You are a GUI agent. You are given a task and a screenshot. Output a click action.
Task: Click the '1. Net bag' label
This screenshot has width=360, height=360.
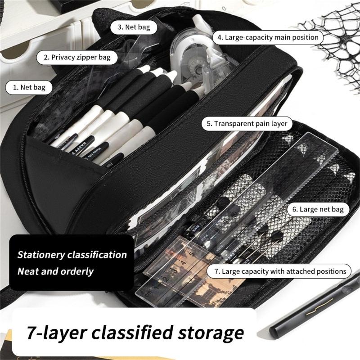(29, 87)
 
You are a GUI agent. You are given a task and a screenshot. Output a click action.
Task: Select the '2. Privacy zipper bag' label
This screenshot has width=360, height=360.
(77, 58)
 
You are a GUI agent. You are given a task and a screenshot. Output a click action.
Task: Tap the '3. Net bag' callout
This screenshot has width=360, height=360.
(134, 27)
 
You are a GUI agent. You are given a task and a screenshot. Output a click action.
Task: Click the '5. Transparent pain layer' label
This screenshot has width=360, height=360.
(247, 124)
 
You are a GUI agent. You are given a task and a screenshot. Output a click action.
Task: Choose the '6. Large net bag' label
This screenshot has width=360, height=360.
(318, 209)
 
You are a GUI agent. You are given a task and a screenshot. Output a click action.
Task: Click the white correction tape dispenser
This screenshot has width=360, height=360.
(195, 58)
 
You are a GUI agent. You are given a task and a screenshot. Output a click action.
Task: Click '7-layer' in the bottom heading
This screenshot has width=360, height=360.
(57, 333)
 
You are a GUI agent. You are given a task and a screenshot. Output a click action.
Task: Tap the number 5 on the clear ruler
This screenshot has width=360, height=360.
(192, 254)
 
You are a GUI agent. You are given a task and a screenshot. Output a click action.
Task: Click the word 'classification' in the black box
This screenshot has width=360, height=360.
(97, 255)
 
